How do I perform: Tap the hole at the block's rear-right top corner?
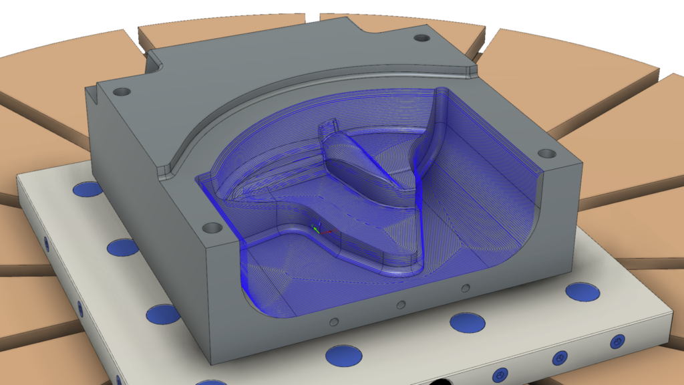click(421, 38)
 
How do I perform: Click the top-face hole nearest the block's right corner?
click(546, 154)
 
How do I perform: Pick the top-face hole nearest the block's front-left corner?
click(212, 228)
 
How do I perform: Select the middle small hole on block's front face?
click(400, 305)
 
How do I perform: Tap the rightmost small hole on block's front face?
click(464, 289)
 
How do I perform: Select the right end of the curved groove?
click(471, 68)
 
